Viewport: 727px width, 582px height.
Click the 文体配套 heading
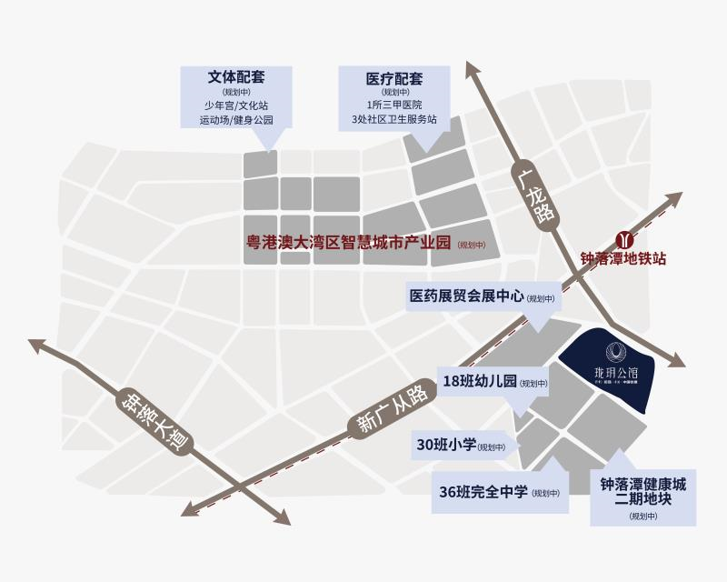(235, 78)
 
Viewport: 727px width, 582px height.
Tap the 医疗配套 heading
(394, 78)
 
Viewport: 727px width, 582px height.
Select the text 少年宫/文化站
(235, 105)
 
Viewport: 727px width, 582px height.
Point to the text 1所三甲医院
(394, 105)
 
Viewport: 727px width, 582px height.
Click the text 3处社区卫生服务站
(394, 119)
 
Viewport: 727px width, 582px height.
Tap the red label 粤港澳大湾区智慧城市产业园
(350, 243)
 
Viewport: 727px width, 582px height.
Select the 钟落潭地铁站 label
(624, 259)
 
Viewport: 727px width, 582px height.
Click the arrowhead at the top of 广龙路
(471, 70)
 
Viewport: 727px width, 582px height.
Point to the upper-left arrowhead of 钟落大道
(38, 345)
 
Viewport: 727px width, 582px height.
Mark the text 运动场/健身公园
(235, 119)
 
